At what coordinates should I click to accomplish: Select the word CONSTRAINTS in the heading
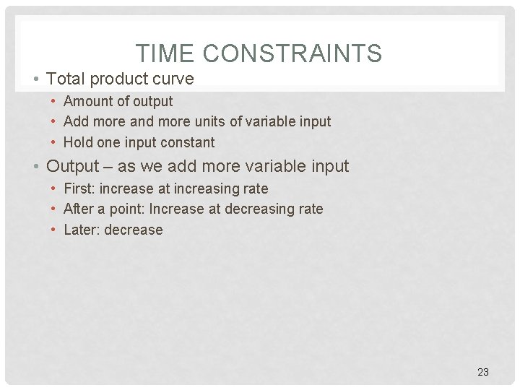click(x=292, y=53)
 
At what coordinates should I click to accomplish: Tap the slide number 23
click(x=483, y=372)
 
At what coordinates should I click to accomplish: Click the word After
click(x=79, y=209)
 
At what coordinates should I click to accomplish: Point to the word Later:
click(x=82, y=230)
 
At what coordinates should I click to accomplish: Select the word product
click(x=121, y=79)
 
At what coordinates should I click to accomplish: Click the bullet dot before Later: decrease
click(x=54, y=230)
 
